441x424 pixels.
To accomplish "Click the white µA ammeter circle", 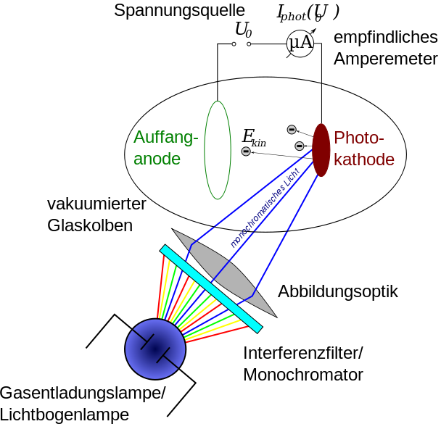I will coord(300,43).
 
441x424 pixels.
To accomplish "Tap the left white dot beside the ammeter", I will coord(234,44).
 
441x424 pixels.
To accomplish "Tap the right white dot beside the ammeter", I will coord(249,44).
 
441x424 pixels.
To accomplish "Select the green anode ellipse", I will coord(218,150).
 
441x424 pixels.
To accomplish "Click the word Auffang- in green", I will coord(165,138).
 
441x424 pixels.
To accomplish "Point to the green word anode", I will coord(157,159).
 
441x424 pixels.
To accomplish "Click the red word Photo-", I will coord(358,138).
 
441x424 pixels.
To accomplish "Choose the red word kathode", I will coord(364,159).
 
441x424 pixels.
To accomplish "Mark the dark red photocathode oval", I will coord(321,150).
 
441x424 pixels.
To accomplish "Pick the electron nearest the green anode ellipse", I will coord(246,151).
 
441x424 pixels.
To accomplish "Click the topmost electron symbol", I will coord(292,130).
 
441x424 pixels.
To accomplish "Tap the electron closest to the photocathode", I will coord(300,146).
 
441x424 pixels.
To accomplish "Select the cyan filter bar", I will coord(210,288).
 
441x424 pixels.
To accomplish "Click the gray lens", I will coord(224,273).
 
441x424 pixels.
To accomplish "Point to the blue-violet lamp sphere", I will coord(155,349).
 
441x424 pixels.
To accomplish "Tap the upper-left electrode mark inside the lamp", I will coord(143,341).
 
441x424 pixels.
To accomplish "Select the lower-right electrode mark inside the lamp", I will coord(168,357).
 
